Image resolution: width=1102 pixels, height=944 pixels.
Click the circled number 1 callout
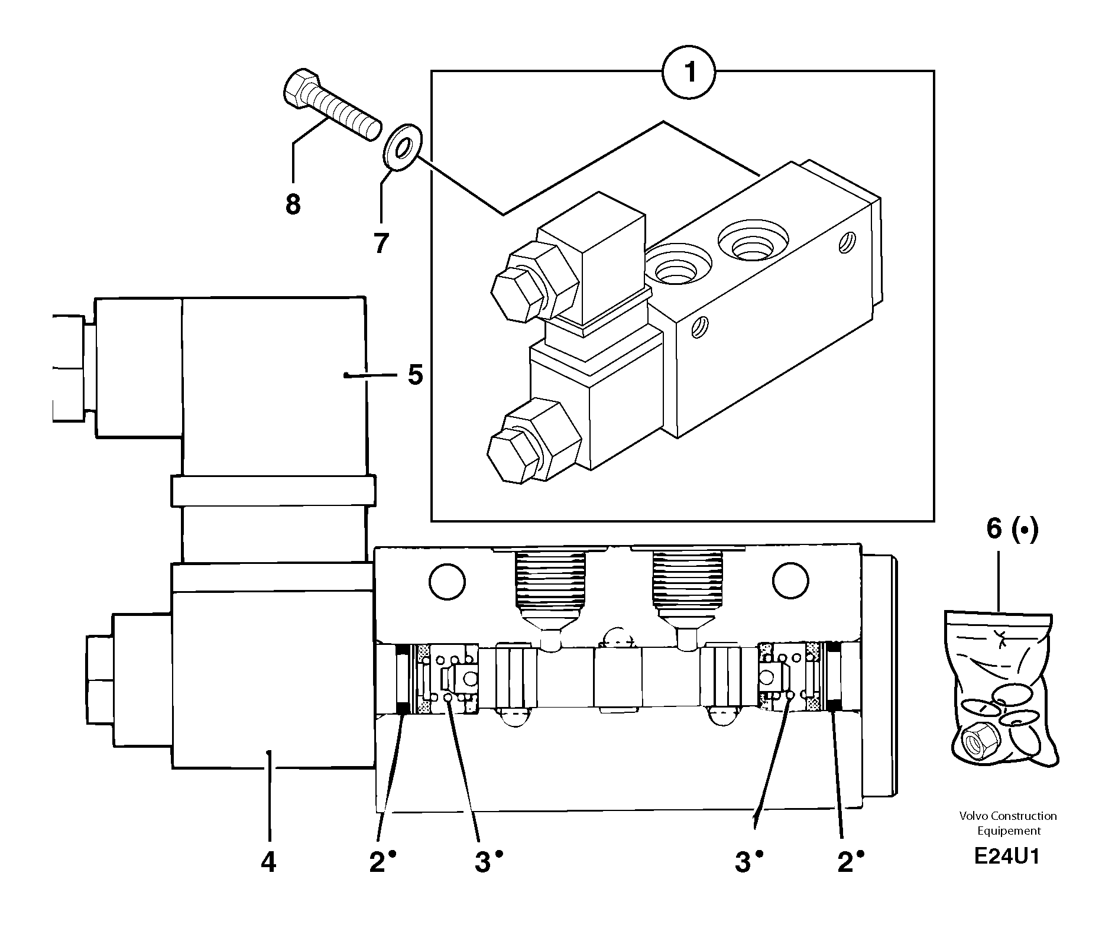coord(689,73)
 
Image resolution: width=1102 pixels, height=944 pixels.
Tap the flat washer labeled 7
coord(402,147)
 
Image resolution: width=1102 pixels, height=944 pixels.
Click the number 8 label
coord(293,205)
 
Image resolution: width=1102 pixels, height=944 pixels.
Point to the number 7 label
coord(381,242)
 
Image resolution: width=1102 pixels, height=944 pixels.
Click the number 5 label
coord(416,375)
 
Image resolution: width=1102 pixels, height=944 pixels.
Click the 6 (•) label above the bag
coord(1012,529)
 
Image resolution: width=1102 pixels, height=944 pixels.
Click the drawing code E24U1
coord(1006,857)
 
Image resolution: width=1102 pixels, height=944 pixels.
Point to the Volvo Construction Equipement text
coord(1008,823)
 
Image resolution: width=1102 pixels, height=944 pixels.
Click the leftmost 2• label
coord(382,862)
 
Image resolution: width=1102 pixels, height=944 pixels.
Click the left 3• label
coord(488,862)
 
